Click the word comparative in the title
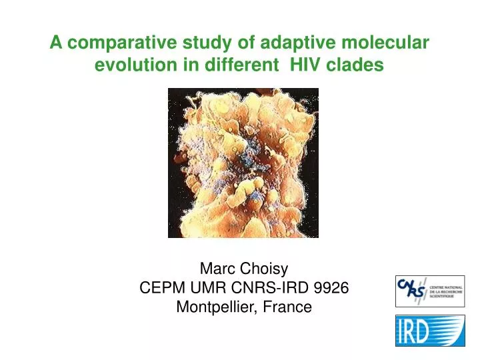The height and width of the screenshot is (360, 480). coord(119,44)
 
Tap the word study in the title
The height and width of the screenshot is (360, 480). coord(195,44)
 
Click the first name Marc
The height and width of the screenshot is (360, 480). coord(215,269)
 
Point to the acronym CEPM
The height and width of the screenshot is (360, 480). coord(159,288)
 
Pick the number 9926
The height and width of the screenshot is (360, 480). coord(331,288)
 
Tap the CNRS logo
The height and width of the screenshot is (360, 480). coord(430,291)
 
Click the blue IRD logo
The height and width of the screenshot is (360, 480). coord(430,331)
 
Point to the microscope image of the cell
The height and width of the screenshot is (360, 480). coord(243,163)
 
